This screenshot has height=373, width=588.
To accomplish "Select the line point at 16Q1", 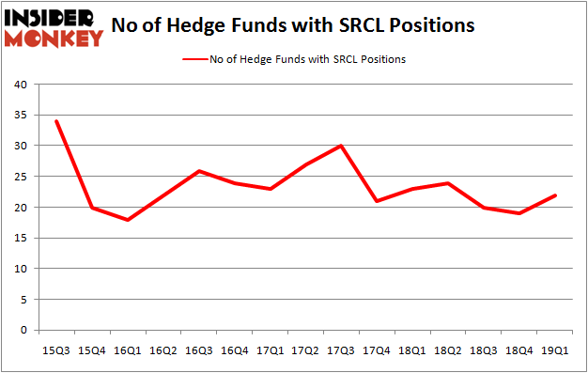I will click(x=128, y=220).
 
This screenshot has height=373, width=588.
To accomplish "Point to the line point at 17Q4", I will click(x=376, y=201).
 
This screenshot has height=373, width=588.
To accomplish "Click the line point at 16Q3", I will click(x=199, y=170).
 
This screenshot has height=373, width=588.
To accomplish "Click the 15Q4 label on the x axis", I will click(x=93, y=350).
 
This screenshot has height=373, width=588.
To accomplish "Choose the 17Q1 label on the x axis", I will click(x=270, y=350).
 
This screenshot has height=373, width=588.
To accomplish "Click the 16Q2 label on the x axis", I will click(x=163, y=350).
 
